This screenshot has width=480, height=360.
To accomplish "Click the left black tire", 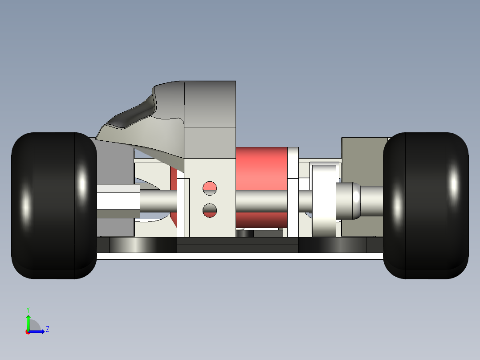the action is click(x=54, y=205).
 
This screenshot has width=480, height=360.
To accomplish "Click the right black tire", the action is click(x=426, y=205).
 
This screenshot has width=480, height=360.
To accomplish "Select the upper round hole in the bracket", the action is click(x=210, y=188).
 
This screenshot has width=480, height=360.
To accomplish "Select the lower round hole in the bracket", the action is click(x=210, y=210).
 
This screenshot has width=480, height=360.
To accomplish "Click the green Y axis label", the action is click(x=28, y=310).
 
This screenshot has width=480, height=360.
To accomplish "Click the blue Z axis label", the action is click(x=48, y=329).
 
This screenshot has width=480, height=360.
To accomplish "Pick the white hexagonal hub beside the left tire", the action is click(x=118, y=201).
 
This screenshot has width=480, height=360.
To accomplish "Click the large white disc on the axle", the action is click(x=324, y=200).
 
